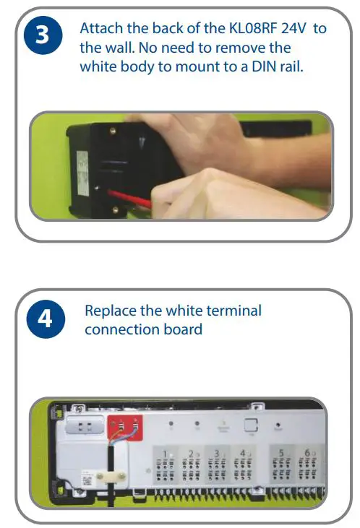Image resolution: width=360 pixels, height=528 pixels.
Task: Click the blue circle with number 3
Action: (x=42, y=36)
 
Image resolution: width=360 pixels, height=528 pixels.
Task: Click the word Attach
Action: (x=100, y=29)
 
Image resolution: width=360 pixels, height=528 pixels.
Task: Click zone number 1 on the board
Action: (x=165, y=453)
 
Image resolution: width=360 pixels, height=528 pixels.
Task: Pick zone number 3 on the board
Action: (x=215, y=453)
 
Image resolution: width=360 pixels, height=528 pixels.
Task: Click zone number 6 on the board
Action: (x=307, y=453)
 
